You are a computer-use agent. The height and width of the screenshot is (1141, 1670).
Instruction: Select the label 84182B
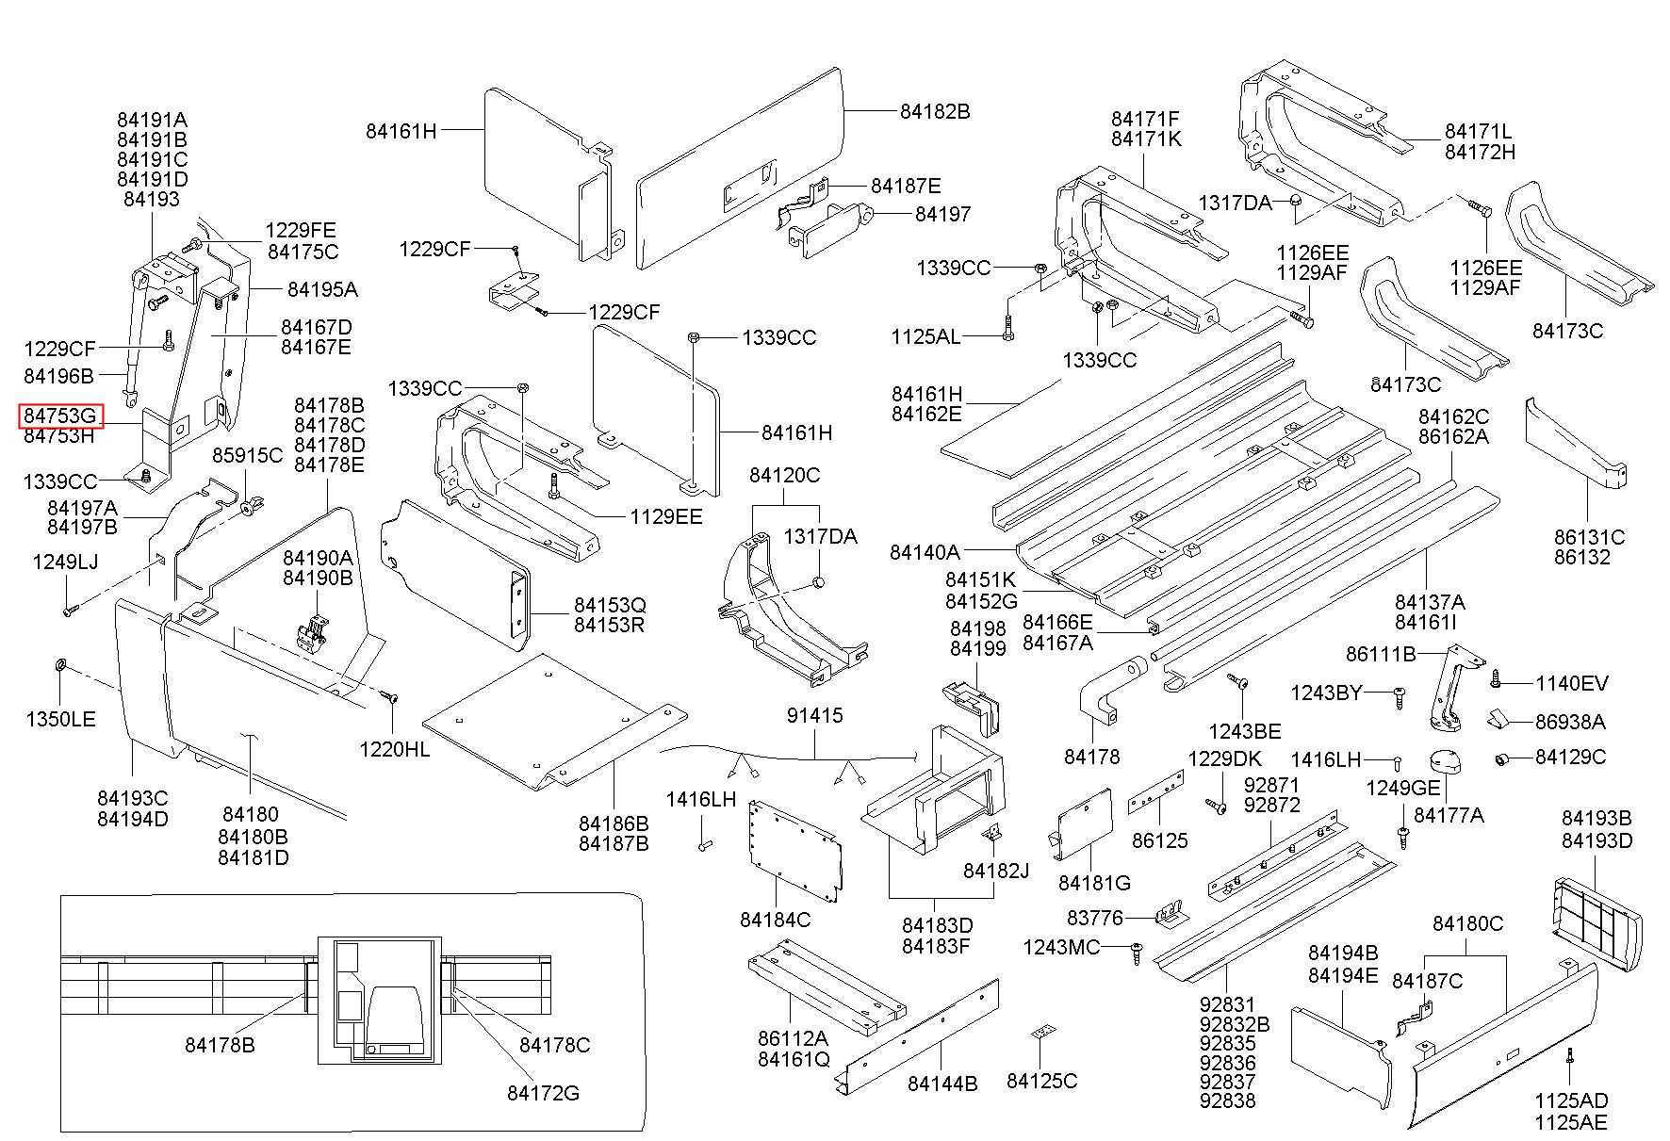934,111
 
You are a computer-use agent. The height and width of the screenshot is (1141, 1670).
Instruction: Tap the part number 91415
815,716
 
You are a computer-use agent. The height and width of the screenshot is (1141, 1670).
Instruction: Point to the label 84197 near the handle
942,215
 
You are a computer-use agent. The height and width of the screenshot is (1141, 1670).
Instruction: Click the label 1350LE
60,720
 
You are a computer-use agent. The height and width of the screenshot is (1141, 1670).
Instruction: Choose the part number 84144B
942,1084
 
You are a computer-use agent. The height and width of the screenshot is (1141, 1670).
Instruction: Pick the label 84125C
1041,1081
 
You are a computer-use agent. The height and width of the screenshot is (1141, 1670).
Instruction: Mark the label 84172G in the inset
543,1093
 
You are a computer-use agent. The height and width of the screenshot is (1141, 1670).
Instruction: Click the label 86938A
1570,722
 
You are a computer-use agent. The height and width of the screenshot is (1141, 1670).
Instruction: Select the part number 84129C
1570,758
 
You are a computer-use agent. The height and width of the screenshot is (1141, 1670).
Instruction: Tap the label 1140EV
1572,684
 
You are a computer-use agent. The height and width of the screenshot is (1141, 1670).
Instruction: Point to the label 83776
1095,918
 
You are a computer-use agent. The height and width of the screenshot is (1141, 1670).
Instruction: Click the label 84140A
925,551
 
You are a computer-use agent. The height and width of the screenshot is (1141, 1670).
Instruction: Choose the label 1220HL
395,749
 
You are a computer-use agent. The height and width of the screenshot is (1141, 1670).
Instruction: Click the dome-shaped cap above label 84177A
1445,761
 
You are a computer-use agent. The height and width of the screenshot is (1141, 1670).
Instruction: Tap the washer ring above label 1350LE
59,667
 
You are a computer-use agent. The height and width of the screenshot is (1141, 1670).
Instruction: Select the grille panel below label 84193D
1597,914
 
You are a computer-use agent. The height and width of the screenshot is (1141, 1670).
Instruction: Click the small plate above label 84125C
1041,1033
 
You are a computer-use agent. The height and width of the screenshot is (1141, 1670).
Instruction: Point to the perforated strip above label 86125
1156,791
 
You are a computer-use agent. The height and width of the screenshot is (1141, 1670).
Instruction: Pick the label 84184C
775,919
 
